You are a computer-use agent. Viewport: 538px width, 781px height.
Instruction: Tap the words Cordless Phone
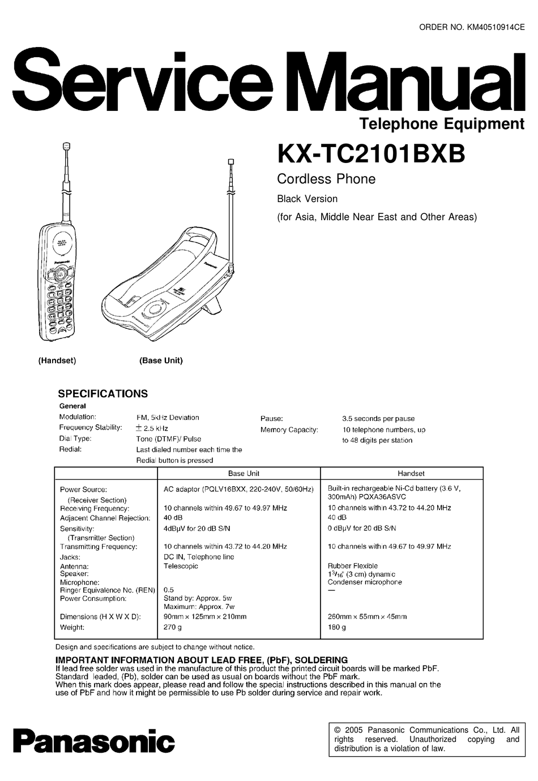pyautogui.click(x=326, y=179)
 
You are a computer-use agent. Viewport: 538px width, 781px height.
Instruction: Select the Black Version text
pyautogui.click(x=307, y=199)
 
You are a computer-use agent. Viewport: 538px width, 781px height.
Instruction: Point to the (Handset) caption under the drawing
pyautogui.click(x=57, y=361)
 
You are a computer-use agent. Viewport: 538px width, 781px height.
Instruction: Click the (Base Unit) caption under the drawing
pyautogui.click(x=161, y=361)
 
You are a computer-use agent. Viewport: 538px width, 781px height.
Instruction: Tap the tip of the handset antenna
pyautogui.click(x=67, y=146)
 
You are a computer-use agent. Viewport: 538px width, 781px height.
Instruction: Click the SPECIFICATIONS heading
pyautogui.click(x=103, y=394)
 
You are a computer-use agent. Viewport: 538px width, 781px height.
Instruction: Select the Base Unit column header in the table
pyautogui.click(x=244, y=474)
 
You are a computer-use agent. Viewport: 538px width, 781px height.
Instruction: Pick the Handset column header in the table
pyautogui.click(x=411, y=474)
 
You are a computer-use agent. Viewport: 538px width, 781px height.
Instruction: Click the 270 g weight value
pyautogui.click(x=173, y=628)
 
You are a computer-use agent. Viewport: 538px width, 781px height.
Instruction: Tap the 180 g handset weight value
pyautogui.click(x=337, y=628)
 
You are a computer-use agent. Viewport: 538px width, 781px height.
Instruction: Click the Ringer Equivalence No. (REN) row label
pyautogui.click(x=108, y=590)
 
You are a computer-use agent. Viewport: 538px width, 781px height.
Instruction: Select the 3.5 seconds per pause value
pyautogui.click(x=378, y=419)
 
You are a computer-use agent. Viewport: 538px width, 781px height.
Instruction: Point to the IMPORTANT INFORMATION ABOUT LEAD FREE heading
pyautogui.click(x=201, y=660)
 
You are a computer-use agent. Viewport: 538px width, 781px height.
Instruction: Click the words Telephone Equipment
pyautogui.click(x=442, y=124)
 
